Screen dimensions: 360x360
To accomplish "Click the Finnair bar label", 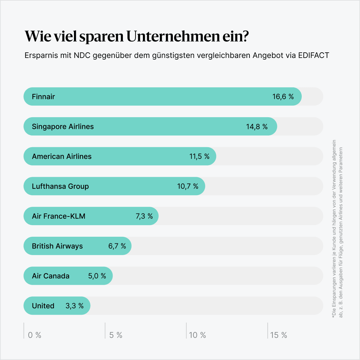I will (x=43, y=97).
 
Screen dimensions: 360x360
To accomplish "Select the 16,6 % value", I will (x=283, y=97).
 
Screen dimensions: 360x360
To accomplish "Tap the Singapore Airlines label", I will (x=63, y=127).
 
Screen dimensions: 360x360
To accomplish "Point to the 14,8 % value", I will (x=257, y=127).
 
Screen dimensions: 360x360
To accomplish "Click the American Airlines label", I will (x=62, y=157).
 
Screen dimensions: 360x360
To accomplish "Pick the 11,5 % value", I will (x=199, y=157).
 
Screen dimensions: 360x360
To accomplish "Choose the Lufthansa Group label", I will (x=60, y=186).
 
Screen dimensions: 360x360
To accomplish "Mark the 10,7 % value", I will (x=187, y=186).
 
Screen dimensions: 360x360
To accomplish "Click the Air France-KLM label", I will (x=59, y=216).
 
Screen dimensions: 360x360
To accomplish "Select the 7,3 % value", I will (x=144, y=216).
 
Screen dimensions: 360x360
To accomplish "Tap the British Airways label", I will (x=57, y=246).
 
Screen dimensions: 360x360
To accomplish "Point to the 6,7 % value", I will (x=117, y=246).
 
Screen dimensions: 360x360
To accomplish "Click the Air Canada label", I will (x=51, y=276).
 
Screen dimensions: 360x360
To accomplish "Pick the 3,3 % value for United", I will (x=75, y=306).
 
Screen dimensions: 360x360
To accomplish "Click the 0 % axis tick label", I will (x=35, y=335).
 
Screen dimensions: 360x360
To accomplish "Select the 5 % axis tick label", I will (x=116, y=335).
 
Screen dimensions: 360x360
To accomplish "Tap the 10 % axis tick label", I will (x=197, y=335).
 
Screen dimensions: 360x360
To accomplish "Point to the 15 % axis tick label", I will (x=279, y=335).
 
